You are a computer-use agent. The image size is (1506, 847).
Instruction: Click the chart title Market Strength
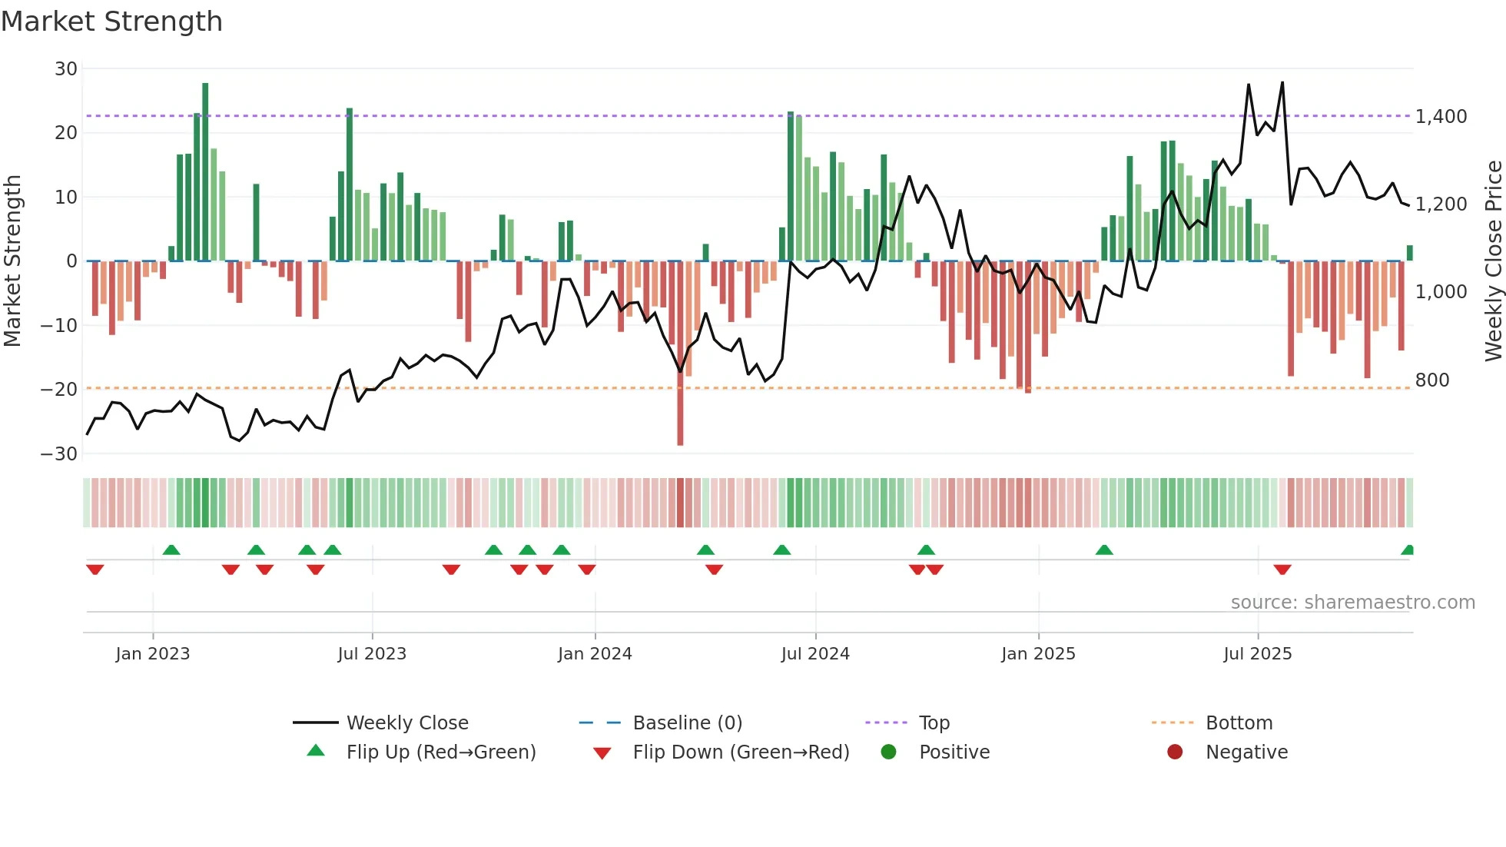coord(111,22)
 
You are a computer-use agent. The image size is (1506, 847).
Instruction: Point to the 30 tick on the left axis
coord(66,69)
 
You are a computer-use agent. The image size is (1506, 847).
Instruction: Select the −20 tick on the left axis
coord(59,390)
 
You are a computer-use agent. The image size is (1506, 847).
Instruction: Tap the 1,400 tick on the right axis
coord(1441,117)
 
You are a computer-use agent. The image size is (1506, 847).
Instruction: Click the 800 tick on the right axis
coord(1432,380)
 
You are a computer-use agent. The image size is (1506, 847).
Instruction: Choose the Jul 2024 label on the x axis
coord(815,654)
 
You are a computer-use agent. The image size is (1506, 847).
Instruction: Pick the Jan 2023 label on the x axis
coord(153,654)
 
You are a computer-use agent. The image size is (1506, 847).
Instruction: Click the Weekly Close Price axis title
coord(1493,261)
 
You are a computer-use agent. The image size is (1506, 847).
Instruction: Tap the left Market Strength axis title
coord(12,261)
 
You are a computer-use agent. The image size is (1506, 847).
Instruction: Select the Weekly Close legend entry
coord(406,723)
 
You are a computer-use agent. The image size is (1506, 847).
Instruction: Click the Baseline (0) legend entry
coord(687,723)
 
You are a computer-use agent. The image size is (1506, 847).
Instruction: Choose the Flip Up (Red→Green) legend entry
coord(440,752)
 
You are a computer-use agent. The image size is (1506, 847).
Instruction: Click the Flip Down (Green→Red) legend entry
coord(741,752)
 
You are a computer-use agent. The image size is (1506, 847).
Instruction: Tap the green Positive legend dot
coord(888,752)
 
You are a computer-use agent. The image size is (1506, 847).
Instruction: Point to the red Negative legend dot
coord(1175,752)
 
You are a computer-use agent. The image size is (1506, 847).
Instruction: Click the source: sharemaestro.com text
coord(1352,603)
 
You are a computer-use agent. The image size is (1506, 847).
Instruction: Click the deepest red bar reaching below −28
coord(680,354)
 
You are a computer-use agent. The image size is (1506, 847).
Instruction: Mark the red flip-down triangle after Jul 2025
coord(1282,570)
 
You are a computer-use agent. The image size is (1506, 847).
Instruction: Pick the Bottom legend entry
coord(1239,723)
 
